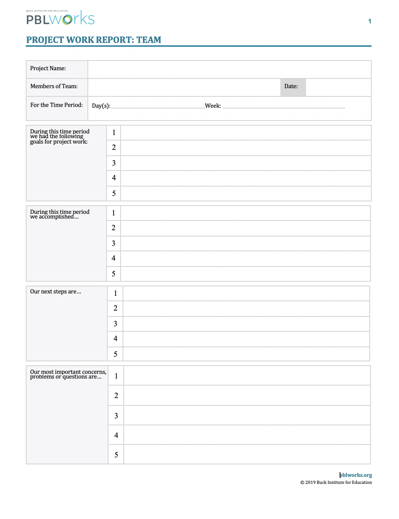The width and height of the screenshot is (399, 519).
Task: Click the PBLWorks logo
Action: pos(61,18)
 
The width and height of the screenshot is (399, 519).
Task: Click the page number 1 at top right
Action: pos(369,21)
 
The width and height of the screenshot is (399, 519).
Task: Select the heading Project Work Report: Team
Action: pos(94,40)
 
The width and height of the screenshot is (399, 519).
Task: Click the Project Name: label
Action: pos(48,68)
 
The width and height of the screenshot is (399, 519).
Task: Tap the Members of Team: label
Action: pos(54,86)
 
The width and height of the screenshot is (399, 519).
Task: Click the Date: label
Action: pos(291,86)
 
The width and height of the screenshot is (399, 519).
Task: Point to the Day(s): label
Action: pos(101,106)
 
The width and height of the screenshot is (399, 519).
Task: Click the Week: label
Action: pos(213,106)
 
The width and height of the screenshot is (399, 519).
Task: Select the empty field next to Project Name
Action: pos(229,69)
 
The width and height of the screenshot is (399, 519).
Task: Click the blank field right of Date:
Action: pos(338,87)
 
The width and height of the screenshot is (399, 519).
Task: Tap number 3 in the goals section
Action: pos(114,163)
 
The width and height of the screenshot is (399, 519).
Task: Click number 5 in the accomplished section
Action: pos(114,274)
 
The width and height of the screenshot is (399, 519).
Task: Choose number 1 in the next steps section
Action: pos(115,293)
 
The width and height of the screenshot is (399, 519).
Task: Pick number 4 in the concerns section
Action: pos(116,435)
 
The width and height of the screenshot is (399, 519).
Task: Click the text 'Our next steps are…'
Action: pos(55,291)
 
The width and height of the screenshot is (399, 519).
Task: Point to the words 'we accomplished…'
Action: pos(54,217)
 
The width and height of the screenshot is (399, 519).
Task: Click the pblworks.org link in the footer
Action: pos(356,475)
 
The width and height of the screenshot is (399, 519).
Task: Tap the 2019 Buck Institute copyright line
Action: pos(336,482)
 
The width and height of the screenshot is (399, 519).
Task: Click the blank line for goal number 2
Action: pos(246,148)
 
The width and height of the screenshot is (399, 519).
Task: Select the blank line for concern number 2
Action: pos(247,395)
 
